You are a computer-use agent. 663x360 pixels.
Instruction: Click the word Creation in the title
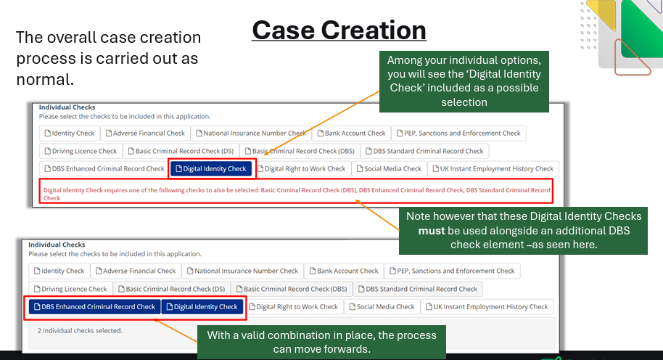[374, 30]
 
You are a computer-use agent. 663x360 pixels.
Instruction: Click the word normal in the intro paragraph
[43, 80]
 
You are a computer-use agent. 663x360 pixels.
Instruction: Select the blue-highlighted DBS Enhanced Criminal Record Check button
[95, 307]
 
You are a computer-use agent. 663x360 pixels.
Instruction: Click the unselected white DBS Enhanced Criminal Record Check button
[104, 168]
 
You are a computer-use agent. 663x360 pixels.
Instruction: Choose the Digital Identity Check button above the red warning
[211, 168]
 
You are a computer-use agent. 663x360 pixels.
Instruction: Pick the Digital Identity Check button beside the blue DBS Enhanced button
[202, 307]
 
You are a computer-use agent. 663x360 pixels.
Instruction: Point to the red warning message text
[297, 194]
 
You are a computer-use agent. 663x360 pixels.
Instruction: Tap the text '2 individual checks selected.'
[80, 330]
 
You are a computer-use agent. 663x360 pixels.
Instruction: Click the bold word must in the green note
[432, 231]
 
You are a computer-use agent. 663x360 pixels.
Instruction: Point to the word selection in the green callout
[464, 102]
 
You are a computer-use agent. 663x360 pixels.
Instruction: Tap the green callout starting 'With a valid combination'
[321, 342]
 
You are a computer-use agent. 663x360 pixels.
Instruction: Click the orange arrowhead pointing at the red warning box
[358, 202]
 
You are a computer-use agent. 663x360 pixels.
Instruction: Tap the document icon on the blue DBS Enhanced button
[37, 307]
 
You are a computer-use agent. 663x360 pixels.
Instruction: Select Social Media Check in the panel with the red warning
[389, 168]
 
